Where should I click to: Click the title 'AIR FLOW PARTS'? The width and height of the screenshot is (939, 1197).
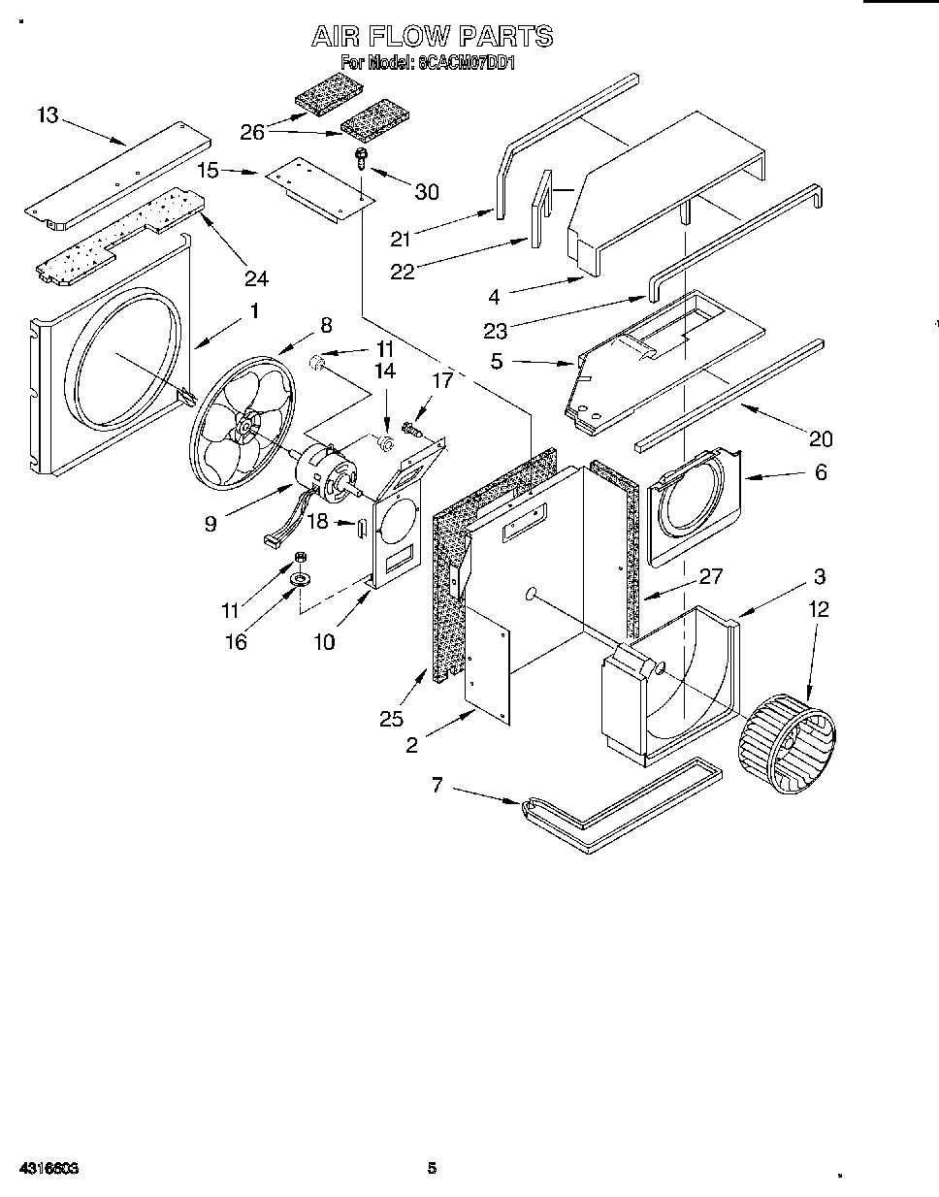click(432, 37)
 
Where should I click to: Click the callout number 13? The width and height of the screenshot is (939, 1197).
click(48, 115)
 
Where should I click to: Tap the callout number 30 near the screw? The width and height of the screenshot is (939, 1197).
click(427, 192)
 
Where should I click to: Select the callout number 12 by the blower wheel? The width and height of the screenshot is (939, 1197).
click(820, 609)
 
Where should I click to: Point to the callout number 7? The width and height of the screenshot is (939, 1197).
click(437, 785)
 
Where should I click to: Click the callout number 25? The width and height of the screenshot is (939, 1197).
click(391, 719)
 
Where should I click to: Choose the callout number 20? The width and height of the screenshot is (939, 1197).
click(821, 439)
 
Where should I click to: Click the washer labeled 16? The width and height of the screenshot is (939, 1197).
click(301, 580)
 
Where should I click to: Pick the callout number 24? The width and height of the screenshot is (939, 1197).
click(256, 278)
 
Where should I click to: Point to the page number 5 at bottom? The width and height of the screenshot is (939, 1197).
click(434, 1169)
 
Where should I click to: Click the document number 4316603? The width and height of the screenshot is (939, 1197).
click(48, 1169)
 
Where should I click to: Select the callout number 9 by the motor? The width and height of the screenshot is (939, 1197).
click(210, 524)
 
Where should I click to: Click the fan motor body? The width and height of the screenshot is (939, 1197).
click(330, 473)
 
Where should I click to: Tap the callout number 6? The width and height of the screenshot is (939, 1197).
click(821, 472)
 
